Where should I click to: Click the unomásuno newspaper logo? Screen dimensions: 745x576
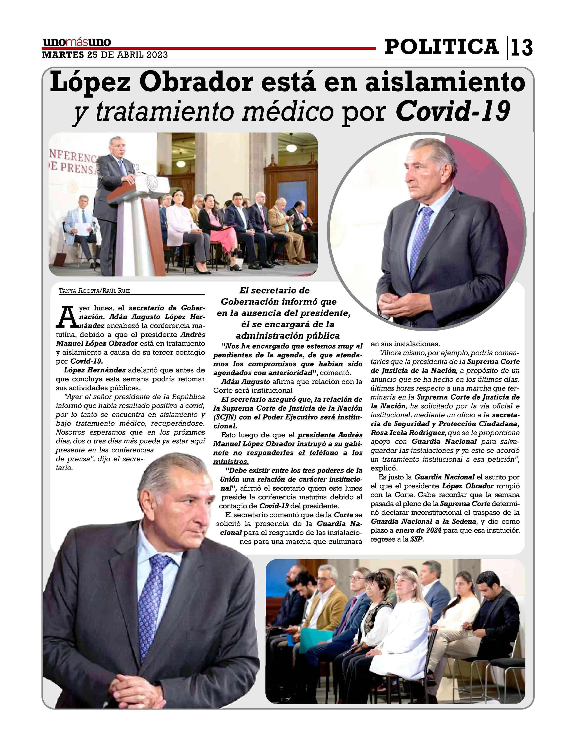point(77,42)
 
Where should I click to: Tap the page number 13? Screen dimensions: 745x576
point(521,48)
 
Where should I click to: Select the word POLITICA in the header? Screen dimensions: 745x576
point(442,47)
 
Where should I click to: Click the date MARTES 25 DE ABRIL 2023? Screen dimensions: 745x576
point(105,55)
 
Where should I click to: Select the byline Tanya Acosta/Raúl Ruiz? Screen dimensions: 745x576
point(94,291)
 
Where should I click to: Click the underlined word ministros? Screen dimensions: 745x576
point(231,461)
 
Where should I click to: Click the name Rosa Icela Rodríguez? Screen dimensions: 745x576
point(408,433)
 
